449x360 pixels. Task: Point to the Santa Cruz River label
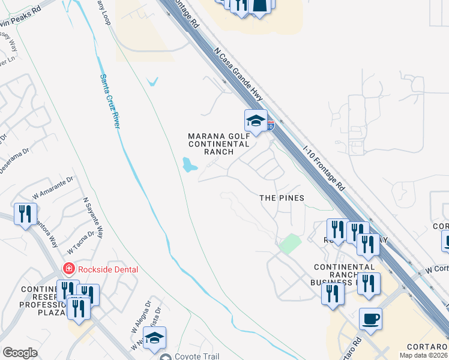[x=110, y=100]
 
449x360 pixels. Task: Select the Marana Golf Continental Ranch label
[x=218, y=144]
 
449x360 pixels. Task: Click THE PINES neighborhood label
[x=282, y=198]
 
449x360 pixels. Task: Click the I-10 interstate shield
[x=271, y=125]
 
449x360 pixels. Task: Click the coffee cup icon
[x=370, y=319]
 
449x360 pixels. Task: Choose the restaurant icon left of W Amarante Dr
[x=25, y=214]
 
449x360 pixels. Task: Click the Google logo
[x=20, y=353]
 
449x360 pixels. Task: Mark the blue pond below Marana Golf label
[x=190, y=164]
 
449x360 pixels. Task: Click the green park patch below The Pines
[x=289, y=244]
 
